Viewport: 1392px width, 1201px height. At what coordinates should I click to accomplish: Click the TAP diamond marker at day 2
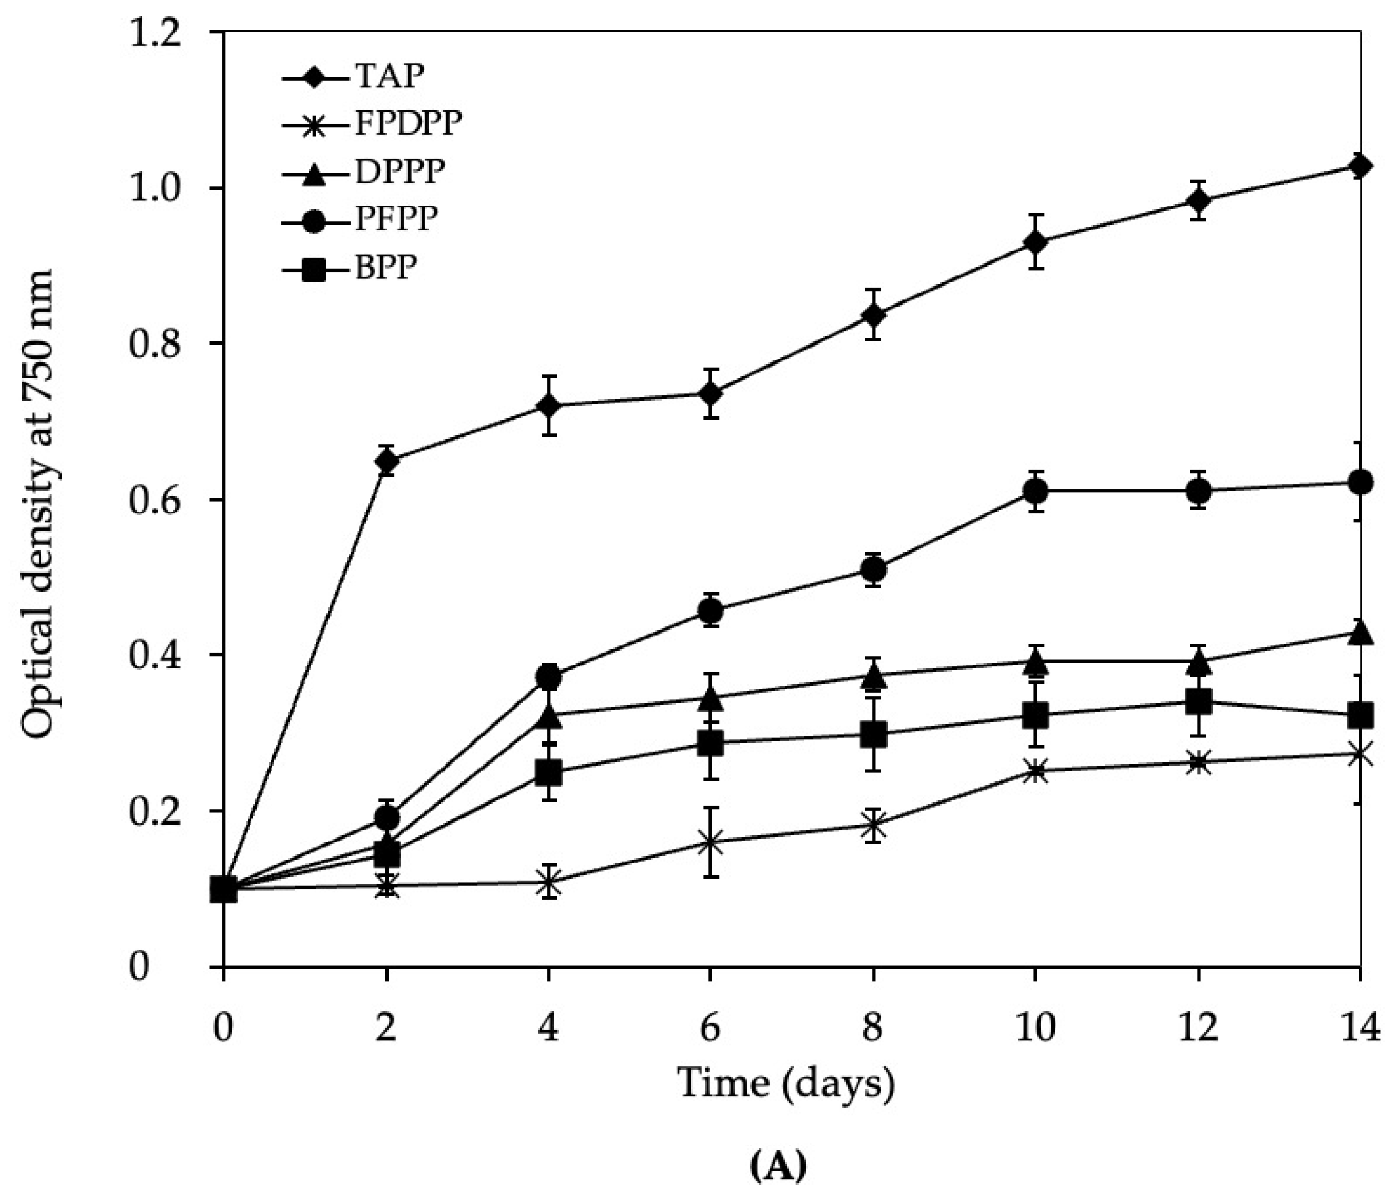click(387, 462)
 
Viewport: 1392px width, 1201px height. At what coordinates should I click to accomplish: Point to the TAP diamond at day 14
click(1360, 165)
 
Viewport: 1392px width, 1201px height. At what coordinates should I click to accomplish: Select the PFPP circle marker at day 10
click(1035, 492)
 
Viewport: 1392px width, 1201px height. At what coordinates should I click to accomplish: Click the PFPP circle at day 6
click(710, 611)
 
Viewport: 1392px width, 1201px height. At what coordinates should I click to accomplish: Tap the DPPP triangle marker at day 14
click(1360, 633)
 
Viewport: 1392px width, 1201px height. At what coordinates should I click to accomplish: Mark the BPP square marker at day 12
click(1198, 703)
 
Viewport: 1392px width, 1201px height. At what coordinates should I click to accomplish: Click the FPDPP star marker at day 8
click(873, 825)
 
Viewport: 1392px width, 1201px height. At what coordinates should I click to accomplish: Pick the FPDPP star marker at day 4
click(549, 883)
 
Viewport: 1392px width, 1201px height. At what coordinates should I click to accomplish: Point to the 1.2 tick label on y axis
click(158, 33)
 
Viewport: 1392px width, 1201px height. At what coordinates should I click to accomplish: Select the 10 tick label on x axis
click(1035, 1027)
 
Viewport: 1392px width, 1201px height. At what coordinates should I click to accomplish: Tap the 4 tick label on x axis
click(549, 1027)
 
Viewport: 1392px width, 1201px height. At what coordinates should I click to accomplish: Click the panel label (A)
click(777, 1168)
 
